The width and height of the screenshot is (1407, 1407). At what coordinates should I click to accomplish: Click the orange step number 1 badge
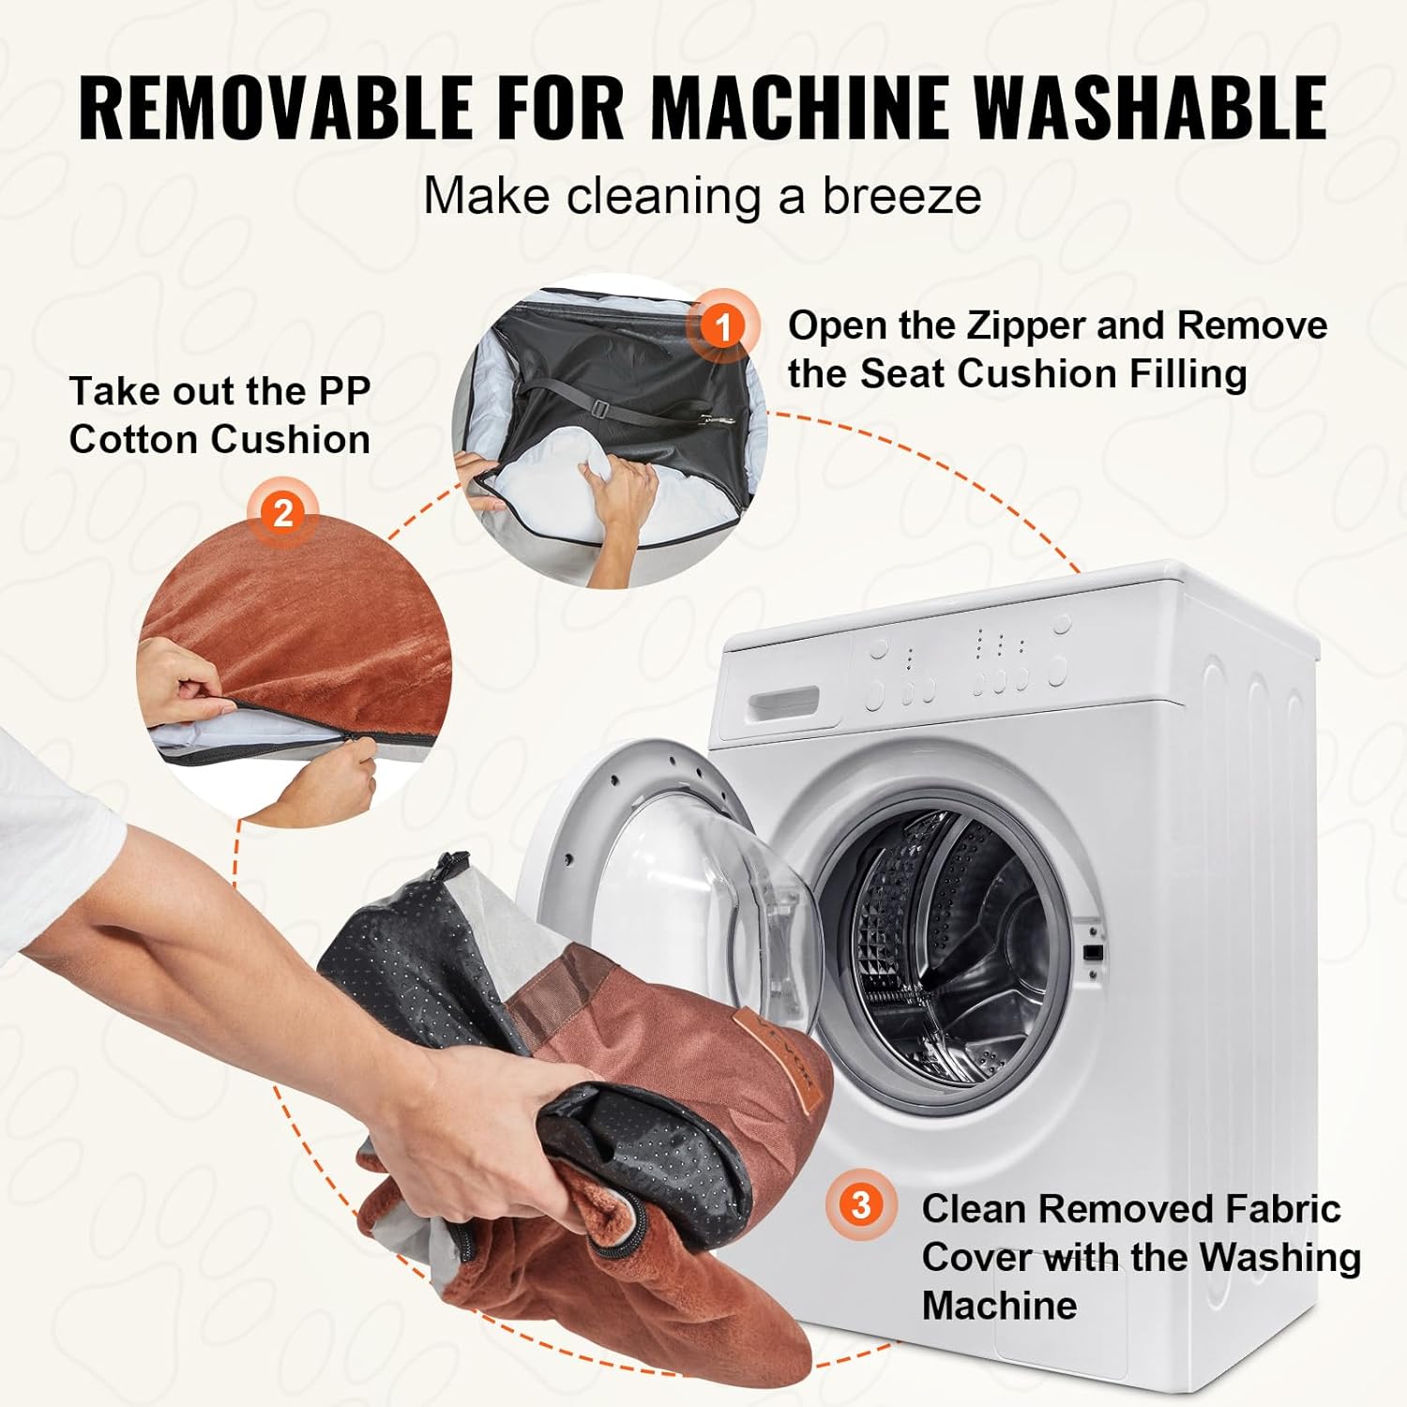click(x=722, y=327)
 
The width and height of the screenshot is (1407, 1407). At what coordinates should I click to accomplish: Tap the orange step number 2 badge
click(x=282, y=513)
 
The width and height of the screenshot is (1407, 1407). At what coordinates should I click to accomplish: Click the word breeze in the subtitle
click(x=901, y=197)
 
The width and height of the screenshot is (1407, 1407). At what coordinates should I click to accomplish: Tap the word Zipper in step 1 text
click(x=1025, y=326)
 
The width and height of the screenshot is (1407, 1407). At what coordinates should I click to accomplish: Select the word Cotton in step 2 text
click(x=132, y=439)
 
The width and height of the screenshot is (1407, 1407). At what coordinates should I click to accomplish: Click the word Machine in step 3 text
click(x=999, y=1305)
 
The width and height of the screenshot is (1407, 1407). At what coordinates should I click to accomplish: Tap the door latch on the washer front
click(x=1091, y=951)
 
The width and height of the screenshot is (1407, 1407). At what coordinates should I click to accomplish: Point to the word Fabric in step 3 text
click(x=1282, y=1209)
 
